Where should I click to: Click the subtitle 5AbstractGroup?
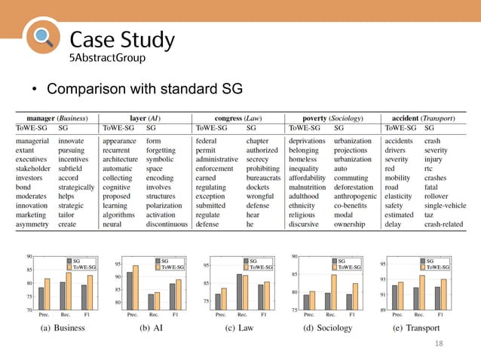[103, 57]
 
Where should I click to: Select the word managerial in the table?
[32, 141]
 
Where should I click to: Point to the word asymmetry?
[33, 224]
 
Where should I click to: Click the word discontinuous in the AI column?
[167, 224]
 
